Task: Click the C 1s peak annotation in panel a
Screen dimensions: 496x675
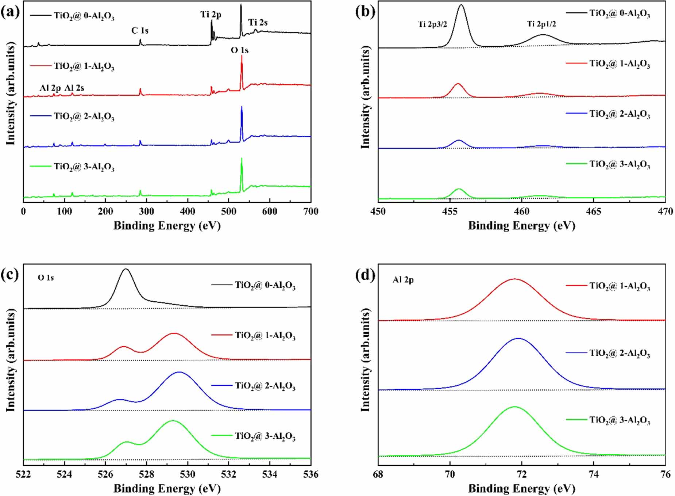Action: pyautogui.click(x=140, y=30)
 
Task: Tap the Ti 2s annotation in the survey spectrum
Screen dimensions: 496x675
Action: pyautogui.click(x=258, y=22)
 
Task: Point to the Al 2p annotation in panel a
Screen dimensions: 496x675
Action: pyautogui.click(x=50, y=88)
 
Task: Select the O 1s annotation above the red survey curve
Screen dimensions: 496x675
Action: pyautogui.click(x=239, y=50)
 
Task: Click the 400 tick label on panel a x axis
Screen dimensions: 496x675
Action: pyautogui.click(x=188, y=211)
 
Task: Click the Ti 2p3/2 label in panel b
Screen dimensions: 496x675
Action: pyautogui.click(x=432, y=24)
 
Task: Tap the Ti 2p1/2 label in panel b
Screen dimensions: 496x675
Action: pyautogui.click(x=541, y=24)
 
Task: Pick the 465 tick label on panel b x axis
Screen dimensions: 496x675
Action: pyautogui.click(x=593, y=211)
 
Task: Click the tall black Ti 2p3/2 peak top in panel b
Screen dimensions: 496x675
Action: pyautogui.click(x=461, y=5)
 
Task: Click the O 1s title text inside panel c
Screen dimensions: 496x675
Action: pyautogui.click(x=46, y=278)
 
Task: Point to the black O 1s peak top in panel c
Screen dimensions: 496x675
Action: pyautogui.click(x=126, y=269)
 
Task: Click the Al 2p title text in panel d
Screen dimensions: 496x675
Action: pyautogui.click(x=403, y=280)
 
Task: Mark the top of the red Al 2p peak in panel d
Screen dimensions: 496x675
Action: pyautogui.click(x=514, y=279)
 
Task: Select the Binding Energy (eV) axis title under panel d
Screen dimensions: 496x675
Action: pyautogui.click(x=521, y=488)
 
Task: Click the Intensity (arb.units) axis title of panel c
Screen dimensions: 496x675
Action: pyautogui.click(x=11, y=360)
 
